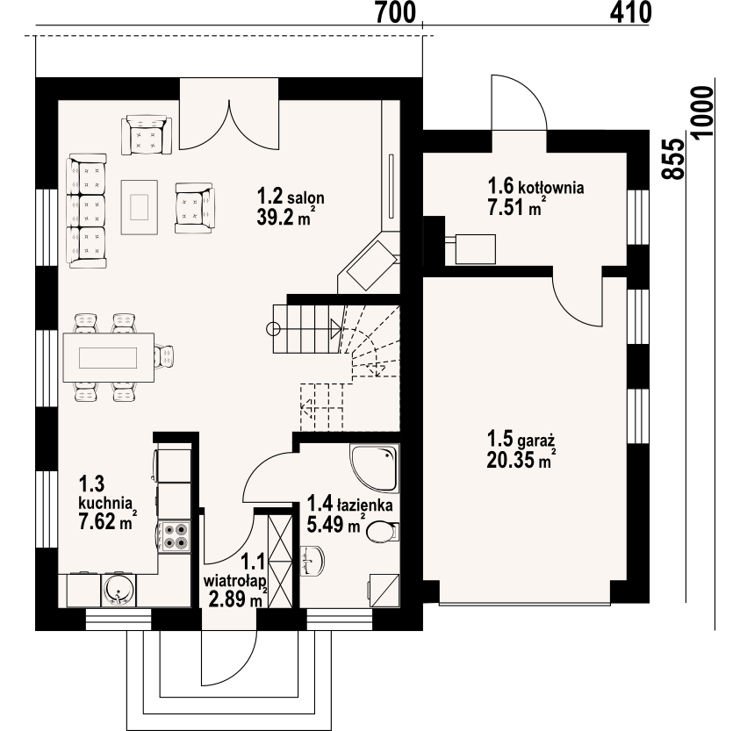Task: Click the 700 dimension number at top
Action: click(x=396, y=12)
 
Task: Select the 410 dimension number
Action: click(x=630, y=12)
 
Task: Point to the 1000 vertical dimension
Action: click(x=703, y=111)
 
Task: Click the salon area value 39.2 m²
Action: click(x=285, y=217)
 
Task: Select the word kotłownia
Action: click(x=551, y=187)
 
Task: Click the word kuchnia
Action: click(x=105, y=503)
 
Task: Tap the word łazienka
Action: click(x=364, y=505)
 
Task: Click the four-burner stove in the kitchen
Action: click(x=175, y=536)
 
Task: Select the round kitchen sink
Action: click(x=118, y=590)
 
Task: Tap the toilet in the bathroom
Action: click(x=382, y=532)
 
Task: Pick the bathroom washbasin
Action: click(x=313, y=561)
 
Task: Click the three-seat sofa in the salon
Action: click(x=87, y=211)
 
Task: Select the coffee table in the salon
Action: click(x=140, y=207)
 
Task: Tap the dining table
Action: click(x=109, y=357)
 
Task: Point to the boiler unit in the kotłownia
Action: click(x=475, y=248)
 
